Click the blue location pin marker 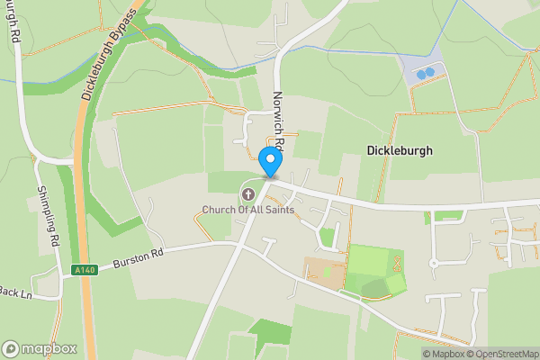coord(270,162)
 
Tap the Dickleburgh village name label coord(400,151)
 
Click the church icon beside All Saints coord(248,193)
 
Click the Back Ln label coord(16,292)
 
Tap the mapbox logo coord(39,348)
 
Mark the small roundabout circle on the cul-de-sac coord(434,264)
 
